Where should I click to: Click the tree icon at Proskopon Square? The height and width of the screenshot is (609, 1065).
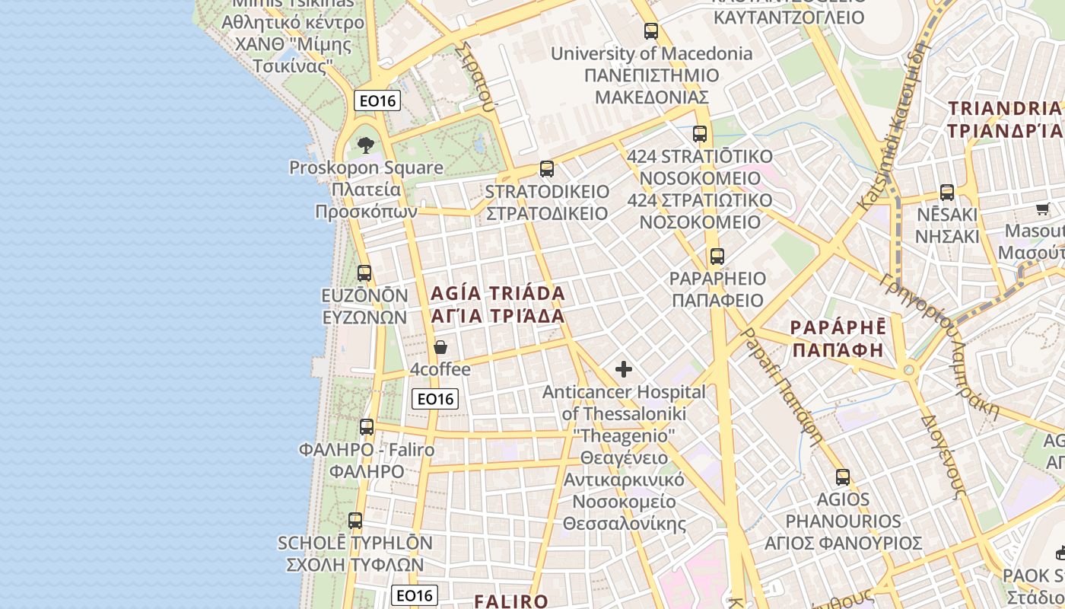366,145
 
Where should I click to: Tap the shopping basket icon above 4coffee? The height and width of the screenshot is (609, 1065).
440,348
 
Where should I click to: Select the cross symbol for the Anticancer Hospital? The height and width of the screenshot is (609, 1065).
624,370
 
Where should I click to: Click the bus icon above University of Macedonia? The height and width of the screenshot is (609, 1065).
651,31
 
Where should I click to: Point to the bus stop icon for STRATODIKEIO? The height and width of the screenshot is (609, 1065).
546,169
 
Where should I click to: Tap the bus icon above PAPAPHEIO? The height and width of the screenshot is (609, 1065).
717,257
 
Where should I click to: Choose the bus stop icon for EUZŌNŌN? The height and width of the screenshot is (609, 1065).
364,273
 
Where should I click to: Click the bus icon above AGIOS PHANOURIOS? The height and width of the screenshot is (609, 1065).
843,477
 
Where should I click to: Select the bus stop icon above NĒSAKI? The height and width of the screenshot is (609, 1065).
947,193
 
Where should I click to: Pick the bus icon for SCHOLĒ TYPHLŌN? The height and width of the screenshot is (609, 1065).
355,521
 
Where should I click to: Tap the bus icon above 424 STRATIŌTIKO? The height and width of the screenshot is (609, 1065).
700,134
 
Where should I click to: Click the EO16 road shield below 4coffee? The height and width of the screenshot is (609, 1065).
436,398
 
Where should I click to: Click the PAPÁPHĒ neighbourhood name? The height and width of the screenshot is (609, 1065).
838,339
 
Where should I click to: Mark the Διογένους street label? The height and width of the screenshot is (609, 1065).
943,457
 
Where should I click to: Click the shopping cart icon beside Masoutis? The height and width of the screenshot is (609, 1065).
1042,209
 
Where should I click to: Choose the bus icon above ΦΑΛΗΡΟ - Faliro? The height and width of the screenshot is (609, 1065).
367,427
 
